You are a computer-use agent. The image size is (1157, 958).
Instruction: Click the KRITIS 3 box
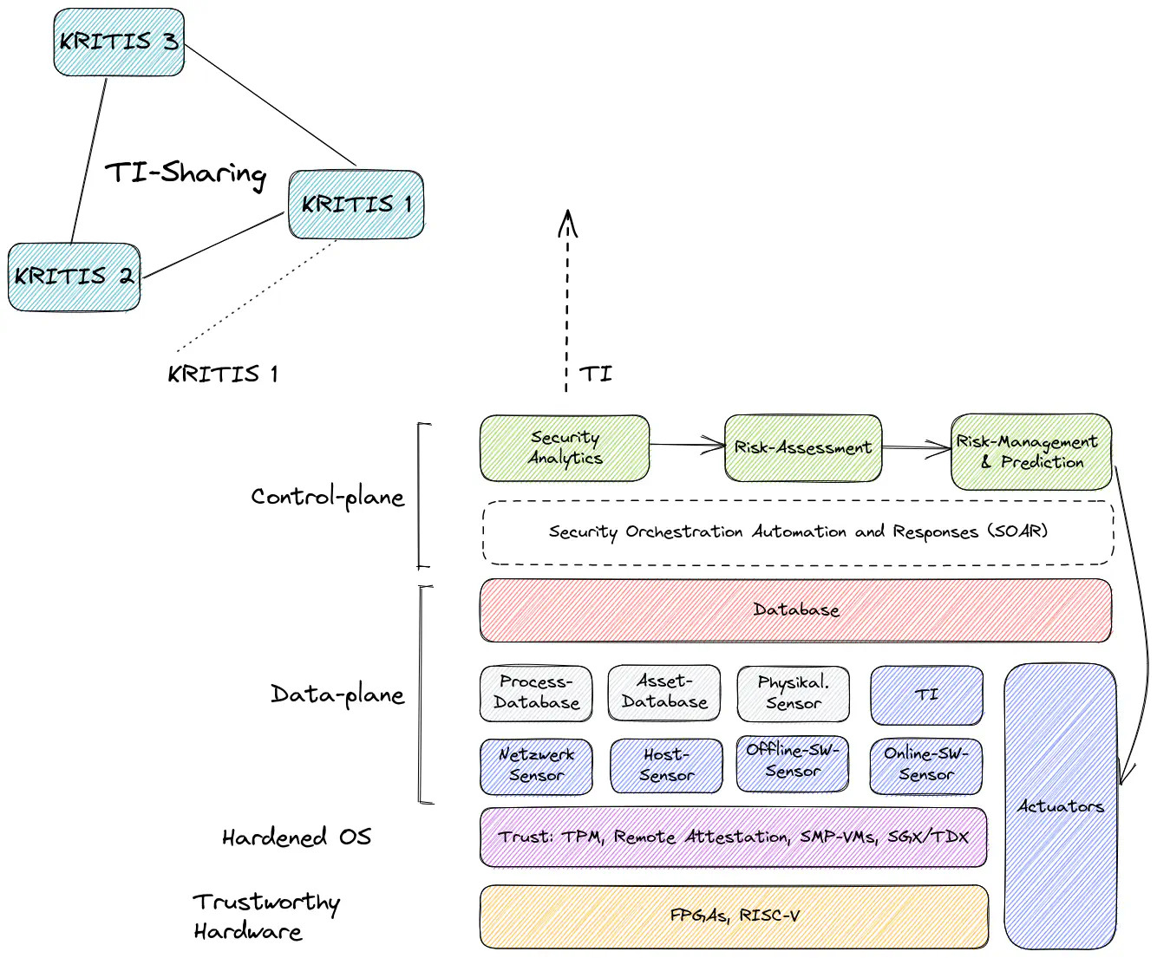119,42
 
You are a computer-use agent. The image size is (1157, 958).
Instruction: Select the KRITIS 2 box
74,277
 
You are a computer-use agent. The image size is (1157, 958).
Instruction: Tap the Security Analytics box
565,447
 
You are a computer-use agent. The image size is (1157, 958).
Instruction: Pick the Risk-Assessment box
803,447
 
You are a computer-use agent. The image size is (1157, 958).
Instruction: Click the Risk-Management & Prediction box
1030,452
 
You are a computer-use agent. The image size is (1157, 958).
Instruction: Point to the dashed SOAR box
797,531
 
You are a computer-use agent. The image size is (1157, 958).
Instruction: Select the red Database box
795,610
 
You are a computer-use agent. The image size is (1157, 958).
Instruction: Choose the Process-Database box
536,693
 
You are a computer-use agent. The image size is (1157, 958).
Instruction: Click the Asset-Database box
664,692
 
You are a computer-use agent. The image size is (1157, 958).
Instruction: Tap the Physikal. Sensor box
793,693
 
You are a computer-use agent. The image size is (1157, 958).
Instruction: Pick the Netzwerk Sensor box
536,766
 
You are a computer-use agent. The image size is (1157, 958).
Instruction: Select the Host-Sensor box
666,766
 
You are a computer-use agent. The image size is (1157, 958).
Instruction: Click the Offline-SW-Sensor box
792,763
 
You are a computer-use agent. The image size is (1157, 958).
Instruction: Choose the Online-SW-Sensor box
925,765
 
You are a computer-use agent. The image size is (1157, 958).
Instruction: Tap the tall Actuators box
1060,806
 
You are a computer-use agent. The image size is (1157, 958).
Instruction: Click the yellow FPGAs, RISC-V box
734,916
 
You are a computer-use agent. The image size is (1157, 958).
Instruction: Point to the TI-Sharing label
186,173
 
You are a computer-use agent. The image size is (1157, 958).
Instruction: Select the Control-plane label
328,497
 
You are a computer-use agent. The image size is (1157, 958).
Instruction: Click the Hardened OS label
297,837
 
